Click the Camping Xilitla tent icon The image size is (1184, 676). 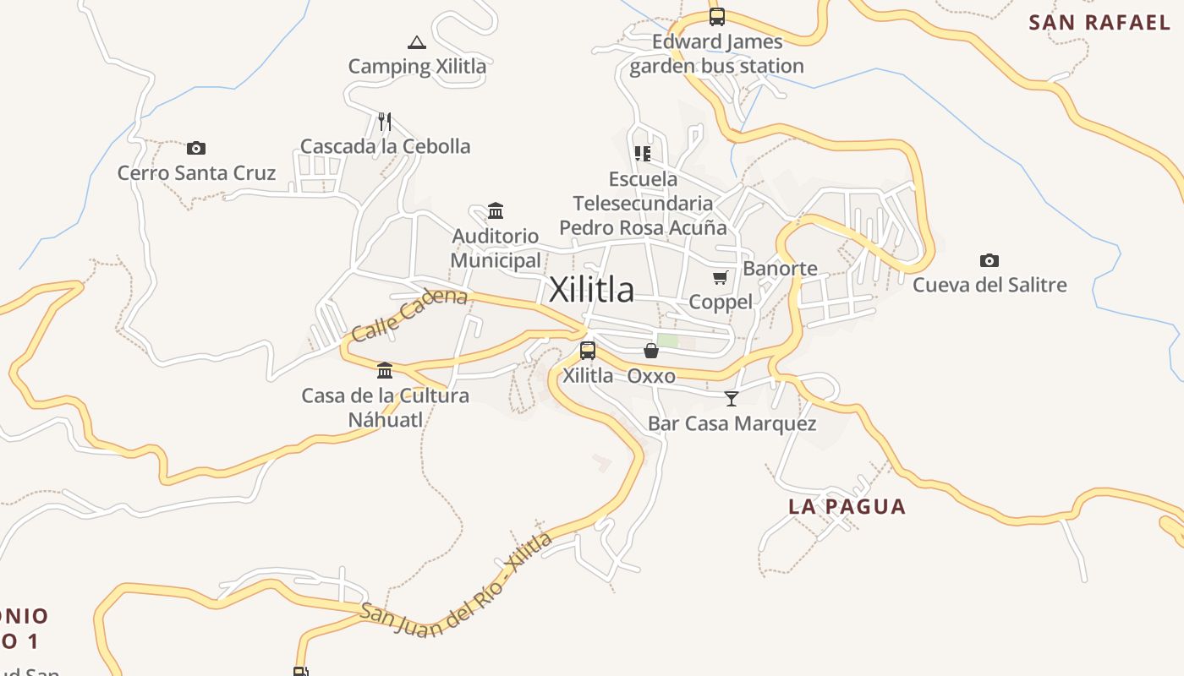click(416, 42)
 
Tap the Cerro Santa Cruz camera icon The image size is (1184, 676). click(196, 149)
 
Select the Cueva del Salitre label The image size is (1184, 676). click(989, 285)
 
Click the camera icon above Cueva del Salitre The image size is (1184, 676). click(989, 260)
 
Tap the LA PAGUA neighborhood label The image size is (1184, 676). click(847, 506)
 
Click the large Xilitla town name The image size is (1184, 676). click(591, 290)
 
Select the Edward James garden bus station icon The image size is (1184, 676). click(717, 16)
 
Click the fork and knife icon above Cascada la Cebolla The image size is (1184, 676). click(385, 122)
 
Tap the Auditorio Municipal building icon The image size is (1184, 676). click(496, 210)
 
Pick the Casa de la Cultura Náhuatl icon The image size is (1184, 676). click(385, 370)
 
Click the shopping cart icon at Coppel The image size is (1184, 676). click(721, 277)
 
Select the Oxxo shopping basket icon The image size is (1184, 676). click(651, 351)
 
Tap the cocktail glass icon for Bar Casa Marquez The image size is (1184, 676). click(732, 398)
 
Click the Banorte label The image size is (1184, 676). click(780, 269)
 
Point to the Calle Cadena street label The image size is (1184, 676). click(409, 314)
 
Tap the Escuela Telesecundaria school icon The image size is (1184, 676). click(643, 154)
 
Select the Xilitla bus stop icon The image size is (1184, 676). click(588, 350)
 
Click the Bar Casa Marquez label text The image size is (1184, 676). click(732, 423)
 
